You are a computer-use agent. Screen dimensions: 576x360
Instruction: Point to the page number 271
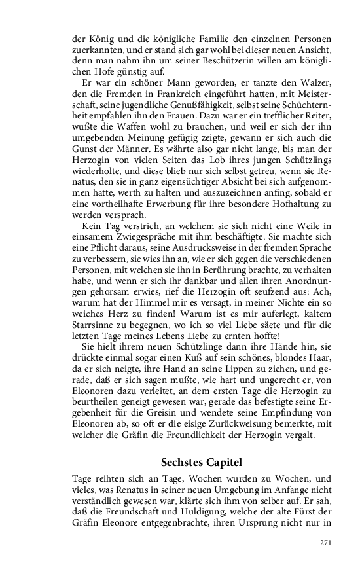(x=325, y=543)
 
